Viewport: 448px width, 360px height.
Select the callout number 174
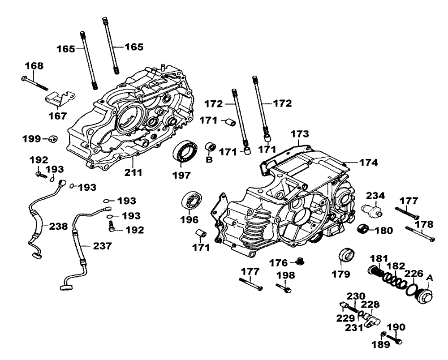pyautogui.click(x=367, y=163)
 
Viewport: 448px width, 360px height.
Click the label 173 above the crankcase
pyautogui.click(x=300, y=134)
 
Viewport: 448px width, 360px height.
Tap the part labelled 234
pyautogui.click(x=371, y=209)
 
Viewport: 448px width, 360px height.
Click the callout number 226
pyautogui.click(x=414, y=274)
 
